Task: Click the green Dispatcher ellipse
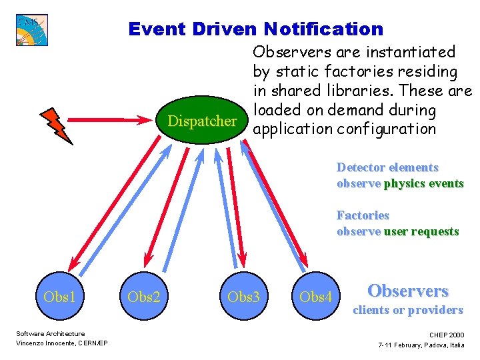coord(203,121)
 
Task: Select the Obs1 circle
coord(59,297)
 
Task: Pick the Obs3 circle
coord(243,297)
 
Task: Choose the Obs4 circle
coord(316,297)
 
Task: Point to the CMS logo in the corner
coord(32,30)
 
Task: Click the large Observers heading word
coord(408,291)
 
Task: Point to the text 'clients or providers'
coord(407,310)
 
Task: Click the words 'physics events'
coord(423,183)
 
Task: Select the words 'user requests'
coord(421,231)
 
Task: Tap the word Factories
coord(363,215)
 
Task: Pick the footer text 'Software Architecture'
coord(50,333)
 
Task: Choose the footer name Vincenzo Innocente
coord(43,343)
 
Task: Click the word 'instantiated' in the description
coord(413,52)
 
